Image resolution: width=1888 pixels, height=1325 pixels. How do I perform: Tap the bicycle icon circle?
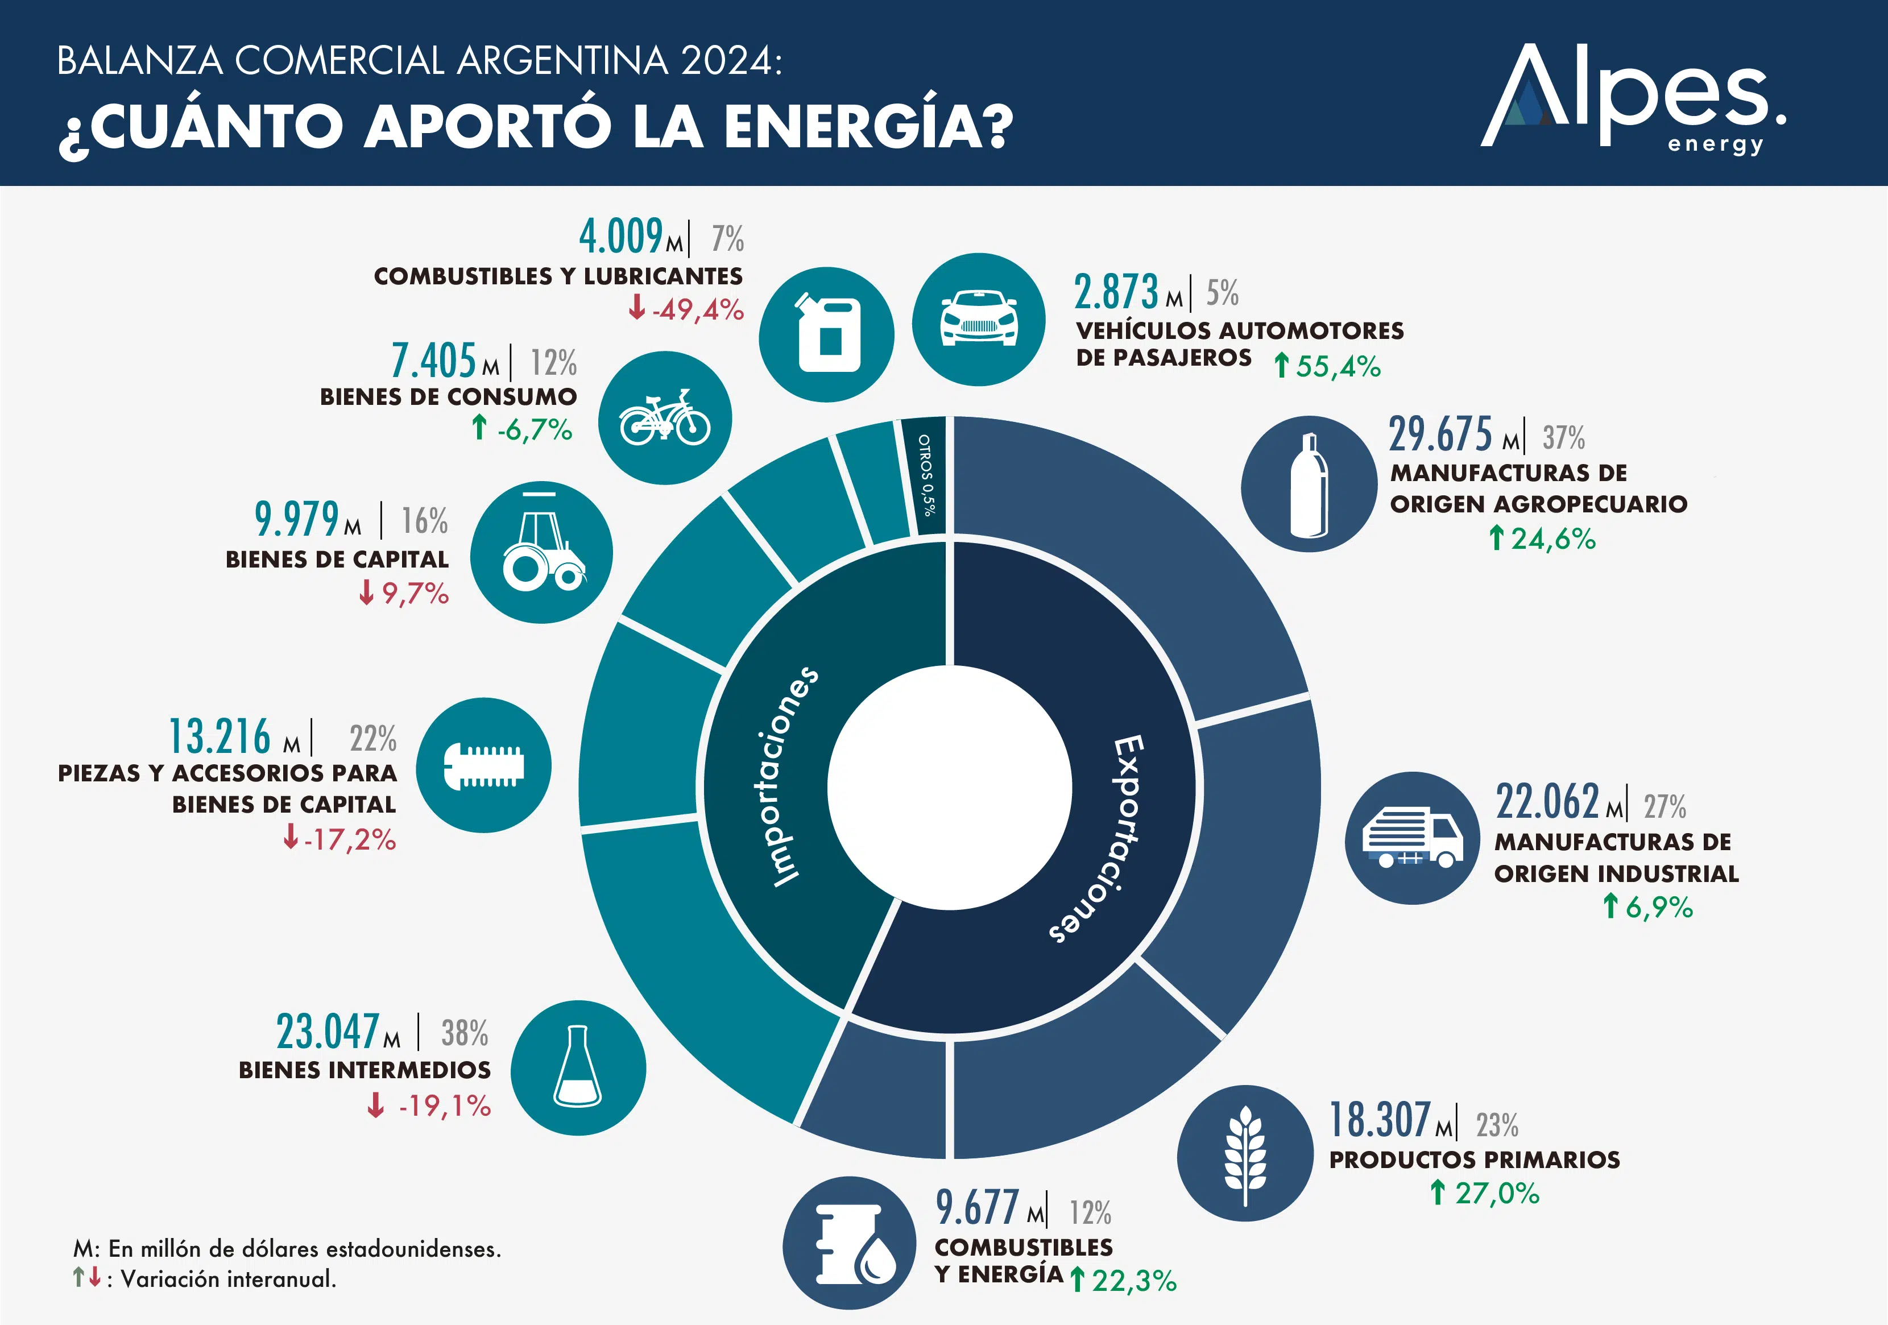coord(664,418)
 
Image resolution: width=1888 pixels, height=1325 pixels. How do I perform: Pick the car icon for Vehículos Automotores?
coord(979,319)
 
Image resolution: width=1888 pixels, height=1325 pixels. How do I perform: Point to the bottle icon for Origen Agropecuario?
coord(1309,483)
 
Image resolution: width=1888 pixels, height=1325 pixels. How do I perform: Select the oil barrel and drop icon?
coord(848,1243)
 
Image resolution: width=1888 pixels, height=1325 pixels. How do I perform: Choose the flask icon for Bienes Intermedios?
coord(578,1067)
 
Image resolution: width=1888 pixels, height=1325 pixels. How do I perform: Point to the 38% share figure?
coord(465,1033)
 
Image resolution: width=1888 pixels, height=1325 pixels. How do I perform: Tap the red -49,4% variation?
coord(697,310)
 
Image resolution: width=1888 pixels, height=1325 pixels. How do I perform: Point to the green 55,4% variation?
coord(1338,366)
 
